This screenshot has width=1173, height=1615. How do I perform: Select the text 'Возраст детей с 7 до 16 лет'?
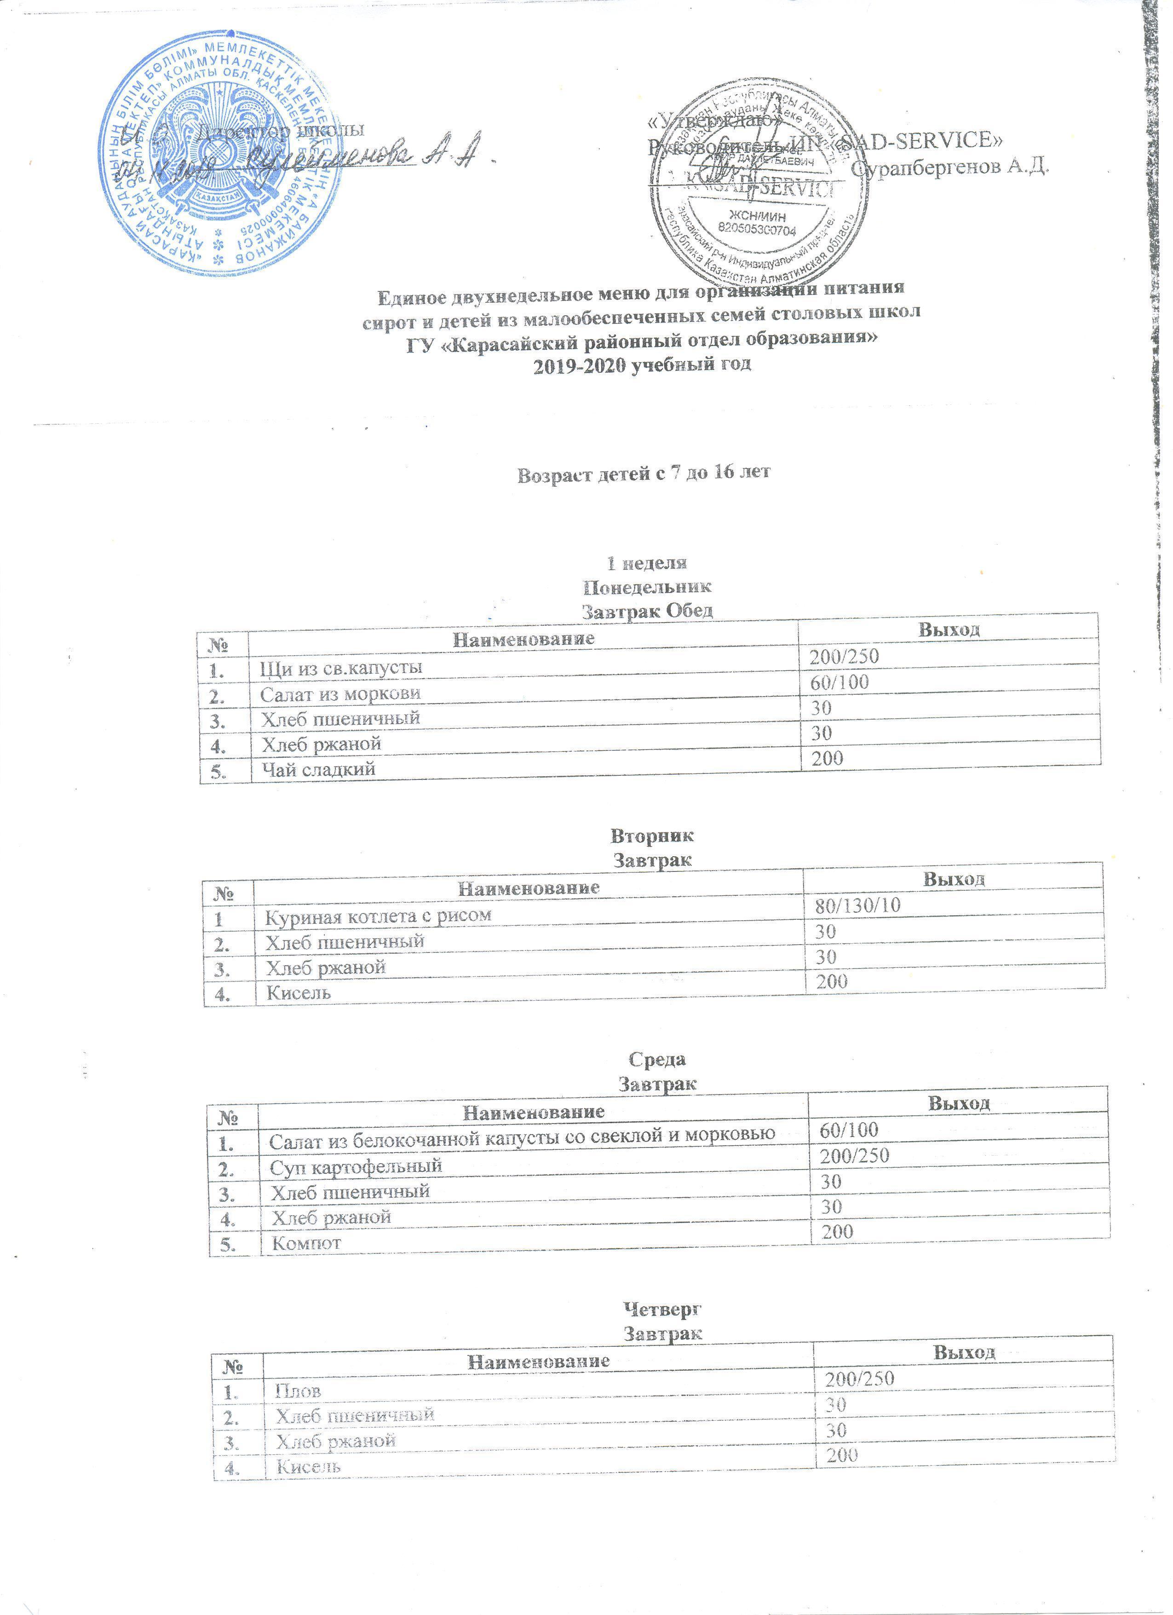pyautogui.click(x=644, y=473)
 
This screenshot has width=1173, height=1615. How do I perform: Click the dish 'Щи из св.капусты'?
pyautogui.click(x=341, y=667)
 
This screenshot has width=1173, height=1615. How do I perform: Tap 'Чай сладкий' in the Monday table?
pyautogui.click(x=317, y=769)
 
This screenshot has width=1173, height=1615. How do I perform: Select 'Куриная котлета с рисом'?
pyautogui.click(x=378, y=916)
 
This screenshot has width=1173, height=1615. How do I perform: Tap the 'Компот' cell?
pyautogui.click(x=306, y=1243)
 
